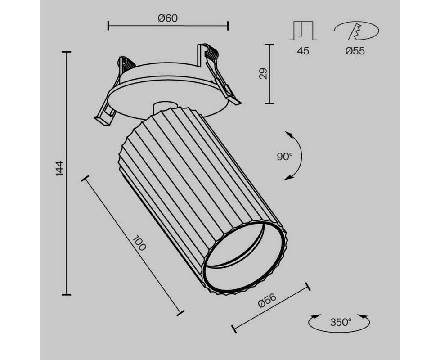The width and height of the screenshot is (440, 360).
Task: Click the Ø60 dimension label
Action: pyautogui.click(x=168, y=18)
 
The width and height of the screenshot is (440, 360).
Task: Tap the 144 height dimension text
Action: pyautogui.click(x=59, y=168)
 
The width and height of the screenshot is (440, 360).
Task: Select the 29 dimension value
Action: pyautogui.click(x=263, y=74)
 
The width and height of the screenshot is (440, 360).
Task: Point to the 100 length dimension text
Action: pyautogui.click(x=139, y=243)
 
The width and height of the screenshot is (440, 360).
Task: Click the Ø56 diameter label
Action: pyautogui.click(x=267, y=300)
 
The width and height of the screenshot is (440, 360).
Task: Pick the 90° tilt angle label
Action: pyautogui.click(x=284, y=156)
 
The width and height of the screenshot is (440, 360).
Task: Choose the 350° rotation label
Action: pyautogui.click(x=341, y=322)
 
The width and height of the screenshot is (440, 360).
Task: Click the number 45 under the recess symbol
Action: pyautogui.click(x=303, y=51)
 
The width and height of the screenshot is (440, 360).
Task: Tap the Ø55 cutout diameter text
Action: pyautogui.click(x=355, y=51)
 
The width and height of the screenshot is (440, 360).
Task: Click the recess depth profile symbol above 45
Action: pyautogui.click(x=303, y=31)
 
